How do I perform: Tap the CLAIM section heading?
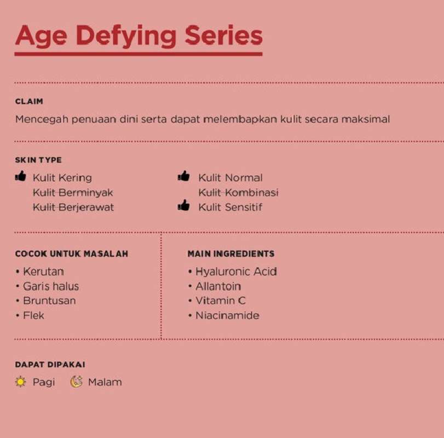point(29,101)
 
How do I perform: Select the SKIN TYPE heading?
point(38,160)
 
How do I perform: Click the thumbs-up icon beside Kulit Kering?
point(21,176)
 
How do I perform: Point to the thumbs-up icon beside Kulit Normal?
point(184,176)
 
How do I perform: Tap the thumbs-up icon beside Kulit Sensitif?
point(184,206)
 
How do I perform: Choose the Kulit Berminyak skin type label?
point(73,193)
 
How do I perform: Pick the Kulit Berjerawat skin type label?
point(73,208)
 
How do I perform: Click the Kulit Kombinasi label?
point(238,193)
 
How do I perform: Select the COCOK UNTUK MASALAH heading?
point(72,254)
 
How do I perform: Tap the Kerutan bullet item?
point(43,272)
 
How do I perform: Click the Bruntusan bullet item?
point(49,301)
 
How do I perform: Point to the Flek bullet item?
point(33,315)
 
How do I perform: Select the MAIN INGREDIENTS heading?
point(231,254)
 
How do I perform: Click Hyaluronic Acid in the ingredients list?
point(236,272)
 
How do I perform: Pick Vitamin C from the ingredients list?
point(220,301)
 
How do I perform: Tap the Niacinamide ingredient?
point(227,315)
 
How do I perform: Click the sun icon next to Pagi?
point(21,382)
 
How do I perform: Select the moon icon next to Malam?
point(77,382)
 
